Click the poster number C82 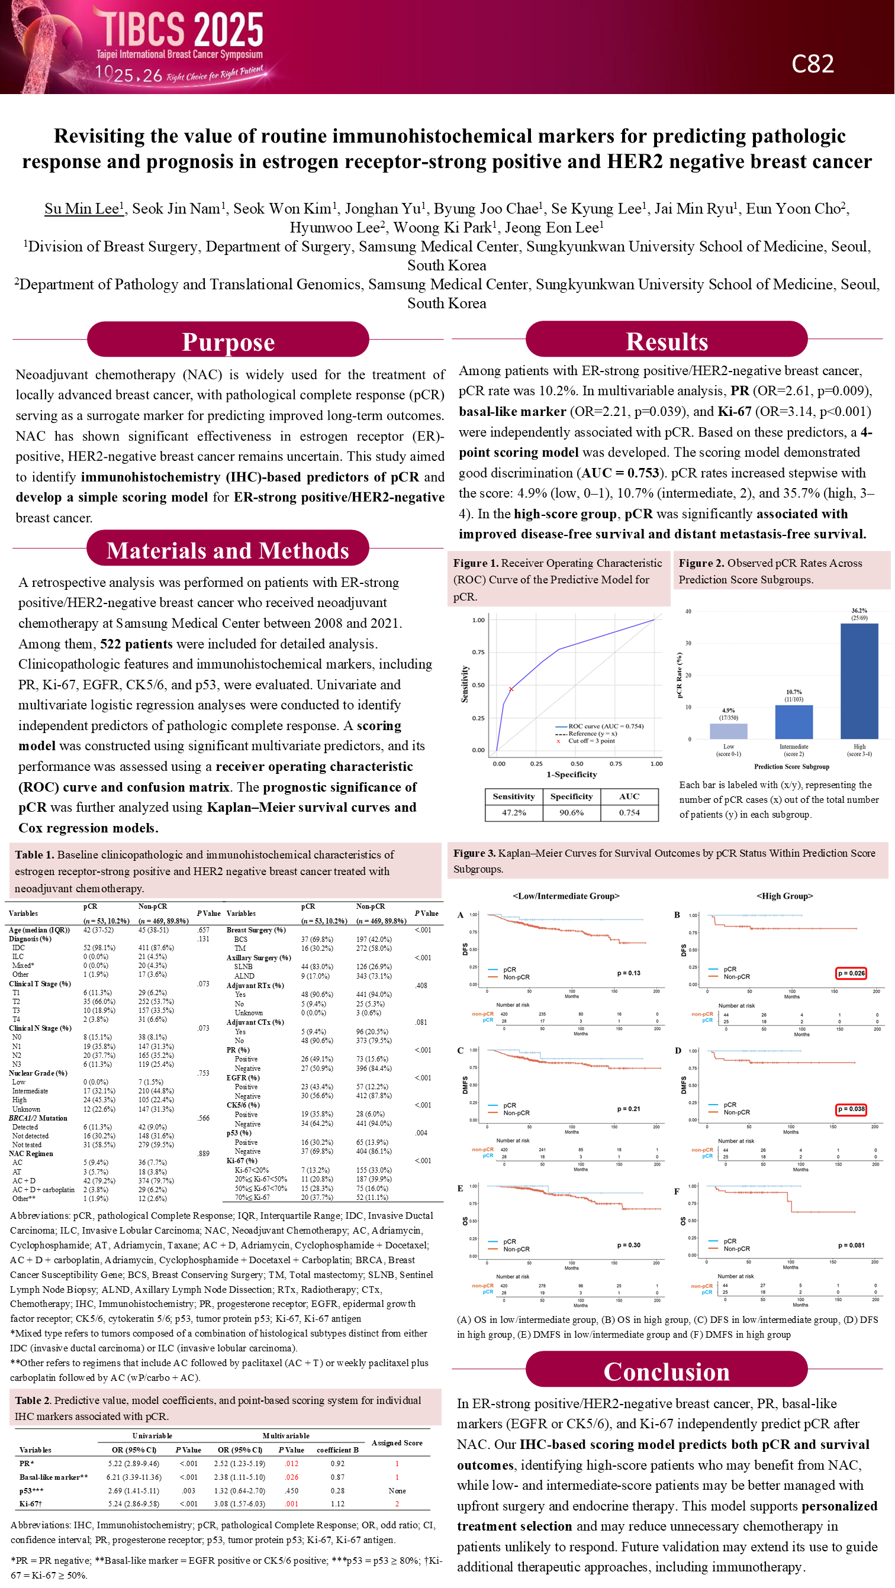coord(812,64)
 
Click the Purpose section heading coord(228,342)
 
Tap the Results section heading coord(666,341)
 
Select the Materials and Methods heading coord(228,550)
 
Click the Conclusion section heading coord(666,1371)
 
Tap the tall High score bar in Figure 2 coord(859,681)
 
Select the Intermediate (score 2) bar coord(793,722)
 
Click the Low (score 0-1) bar coord(729,731)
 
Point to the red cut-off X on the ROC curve coord(511,689)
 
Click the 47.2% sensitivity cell coord(514,812)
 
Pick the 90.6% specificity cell coord(571,812)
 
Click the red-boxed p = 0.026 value coord(851,973)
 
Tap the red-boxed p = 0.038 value coord(851,1109)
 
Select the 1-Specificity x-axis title coord(572,774)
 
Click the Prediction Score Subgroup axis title coord(791,767)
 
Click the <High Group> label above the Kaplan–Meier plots coord(784,896)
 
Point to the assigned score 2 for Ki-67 coord(397,1503)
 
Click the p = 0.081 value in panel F coord(851,1245)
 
